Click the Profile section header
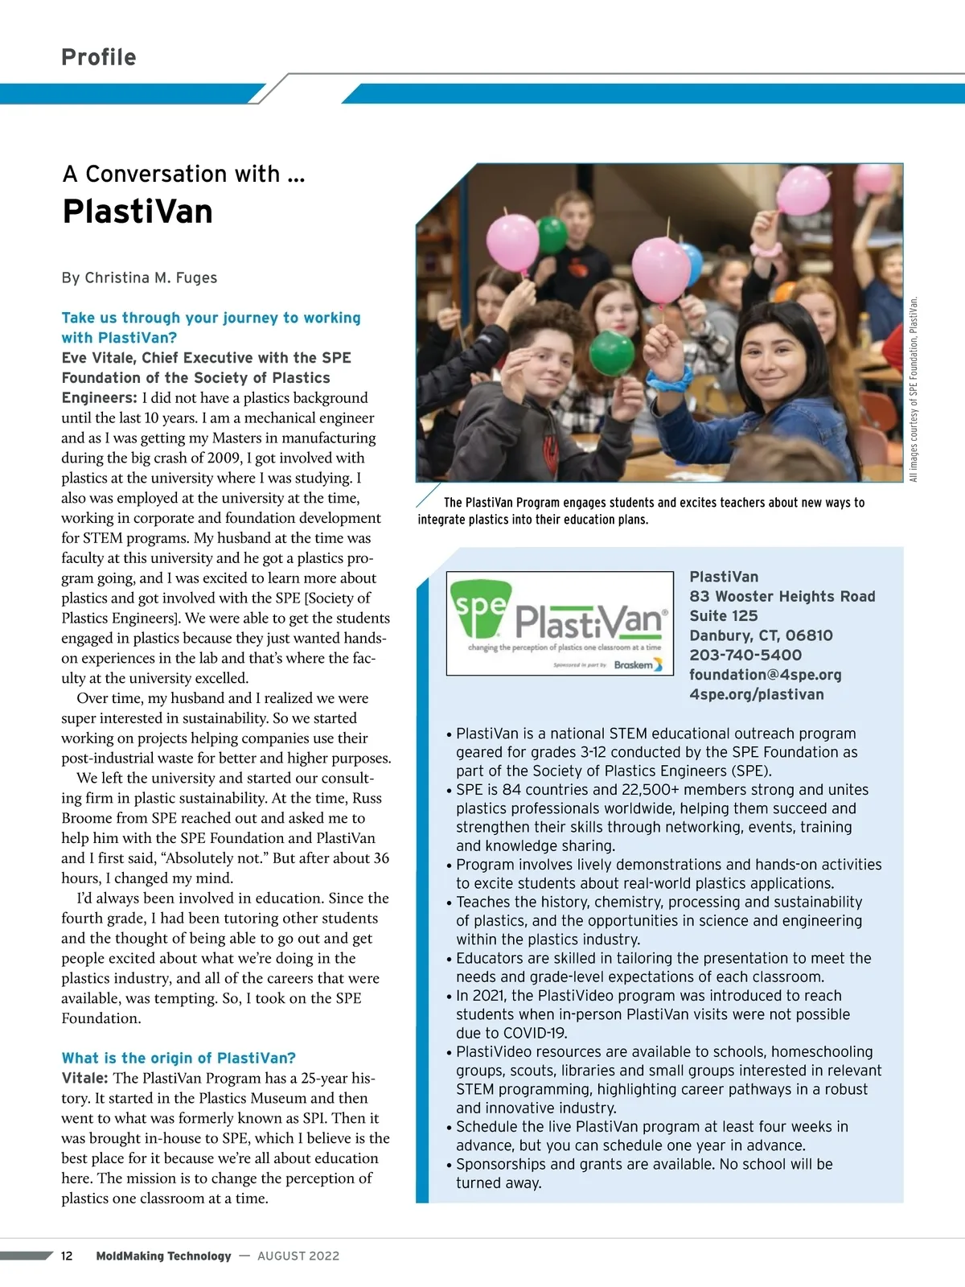(99, 57)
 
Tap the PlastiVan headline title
(138, 212)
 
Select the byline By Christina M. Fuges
(139, 278)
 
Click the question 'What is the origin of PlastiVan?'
(179, 1058)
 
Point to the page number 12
(67, 1256)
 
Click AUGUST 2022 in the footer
(298, 1256)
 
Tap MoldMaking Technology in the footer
(163, 1256)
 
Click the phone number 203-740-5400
(745, 655)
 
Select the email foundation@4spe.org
(765, 675)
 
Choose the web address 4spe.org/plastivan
(756, 694)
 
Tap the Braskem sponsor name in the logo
(634, 665)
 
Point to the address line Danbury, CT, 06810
(761, 635)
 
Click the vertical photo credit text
(914, 390)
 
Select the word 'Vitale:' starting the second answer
(85, 1078)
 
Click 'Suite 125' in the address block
(723, 615)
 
